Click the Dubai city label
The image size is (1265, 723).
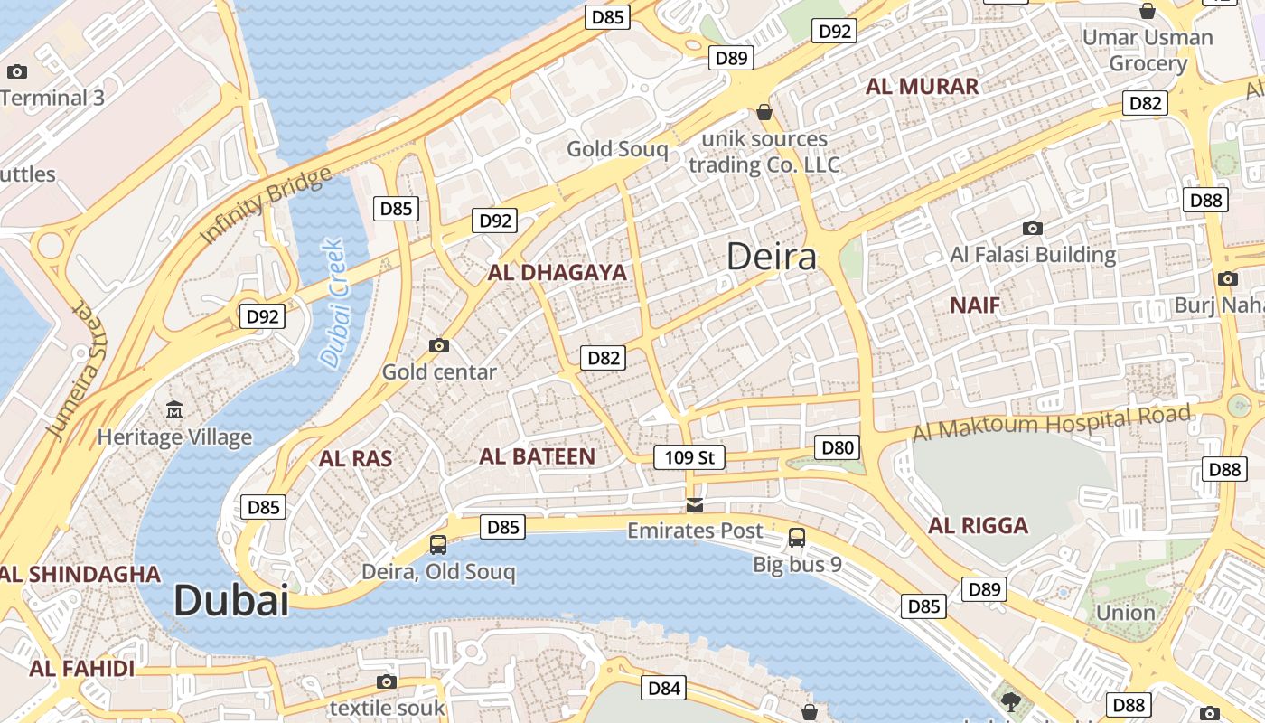pyautogui.click(x=230, y=600)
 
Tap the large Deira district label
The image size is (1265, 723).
pyautogui.click(x=772, y=257)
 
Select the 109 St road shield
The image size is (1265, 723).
pyautogui.click(x=689, y=457)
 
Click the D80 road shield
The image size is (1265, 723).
pyautogui.click(x=837, y=446)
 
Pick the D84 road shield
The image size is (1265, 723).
pyautogui.click(x=663, y=689)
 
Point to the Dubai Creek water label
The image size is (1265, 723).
pyautogui.click(x=333, y=303)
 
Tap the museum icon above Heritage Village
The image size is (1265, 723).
pyautogui.click(x=174, y=410)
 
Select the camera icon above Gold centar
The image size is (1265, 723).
pyautogui.click(x=439, y=345)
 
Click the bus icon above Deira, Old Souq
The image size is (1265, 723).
pyautogui.click(x=438, y=544)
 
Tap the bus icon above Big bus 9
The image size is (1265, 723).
pyautogui.click(x=797, y=538)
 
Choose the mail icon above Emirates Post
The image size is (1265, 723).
pyautogui.click(x=695, y=504)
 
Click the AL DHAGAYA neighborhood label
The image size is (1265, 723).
pyautogui.click(x=557, y=272)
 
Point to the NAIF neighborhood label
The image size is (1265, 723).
pyautogui.click(x=975, y=305)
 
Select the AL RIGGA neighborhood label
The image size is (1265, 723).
pyautogui.click(x=978, y=525)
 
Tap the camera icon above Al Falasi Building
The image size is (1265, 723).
pyautogui.click(x=1033, y=228)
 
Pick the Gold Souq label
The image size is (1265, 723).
pyautogui.click(x=617, y=149)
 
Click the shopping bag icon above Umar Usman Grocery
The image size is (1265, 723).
pyautogui.click(x=1148, y=11)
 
